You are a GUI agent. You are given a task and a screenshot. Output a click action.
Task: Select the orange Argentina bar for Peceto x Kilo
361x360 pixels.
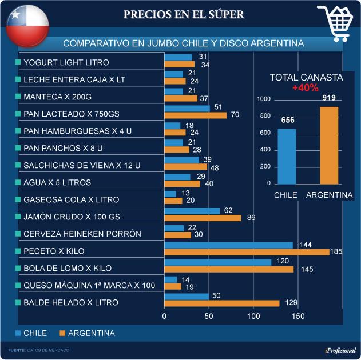(247, 252)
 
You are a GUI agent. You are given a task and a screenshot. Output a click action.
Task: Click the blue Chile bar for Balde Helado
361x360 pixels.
(187, 297)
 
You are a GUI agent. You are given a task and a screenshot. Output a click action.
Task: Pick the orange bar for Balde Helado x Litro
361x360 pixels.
(222, 303)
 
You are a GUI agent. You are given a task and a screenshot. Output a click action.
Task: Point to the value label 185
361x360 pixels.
(339, 251)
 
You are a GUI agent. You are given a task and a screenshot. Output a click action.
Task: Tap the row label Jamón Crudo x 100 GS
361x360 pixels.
(72, 217)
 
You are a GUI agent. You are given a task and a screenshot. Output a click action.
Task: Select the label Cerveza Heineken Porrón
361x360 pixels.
(81, 234)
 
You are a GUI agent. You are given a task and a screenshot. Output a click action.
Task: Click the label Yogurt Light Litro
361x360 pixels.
(66, 62)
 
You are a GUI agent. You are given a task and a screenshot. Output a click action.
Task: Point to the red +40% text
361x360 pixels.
(305, 88)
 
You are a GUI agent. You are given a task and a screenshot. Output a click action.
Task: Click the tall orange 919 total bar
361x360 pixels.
(329, 145)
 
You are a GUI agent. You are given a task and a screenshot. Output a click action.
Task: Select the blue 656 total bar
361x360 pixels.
(287, 156)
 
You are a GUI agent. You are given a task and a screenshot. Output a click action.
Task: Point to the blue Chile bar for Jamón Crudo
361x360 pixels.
(192, 211)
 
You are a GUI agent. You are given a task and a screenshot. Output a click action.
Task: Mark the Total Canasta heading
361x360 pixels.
(306, 78)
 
